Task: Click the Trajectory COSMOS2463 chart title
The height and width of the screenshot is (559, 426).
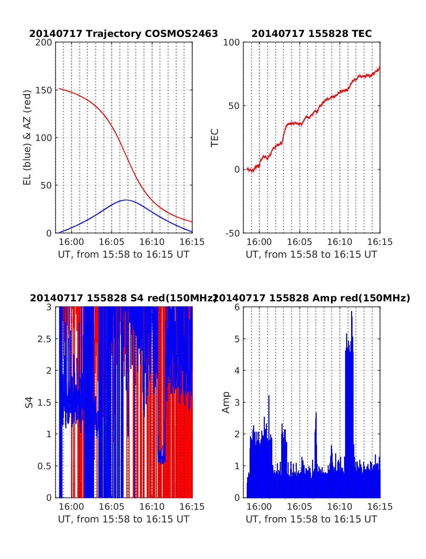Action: tap(124, 34)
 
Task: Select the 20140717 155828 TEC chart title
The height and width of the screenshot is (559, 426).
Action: tap(311, 34)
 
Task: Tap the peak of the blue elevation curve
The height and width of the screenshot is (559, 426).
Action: tap(126, 200)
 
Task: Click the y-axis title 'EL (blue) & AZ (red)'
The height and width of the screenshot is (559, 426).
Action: tap(27, 137)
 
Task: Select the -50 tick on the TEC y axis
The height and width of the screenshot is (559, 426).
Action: tap(233, 233)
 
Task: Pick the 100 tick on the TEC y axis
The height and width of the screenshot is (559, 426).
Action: tap(231, 42)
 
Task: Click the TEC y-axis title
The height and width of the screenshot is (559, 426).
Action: tap(215, 138)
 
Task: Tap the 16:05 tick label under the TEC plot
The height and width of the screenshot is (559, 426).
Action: tap(299, 242)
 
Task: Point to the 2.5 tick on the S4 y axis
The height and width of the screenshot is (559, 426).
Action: tap(44, 339)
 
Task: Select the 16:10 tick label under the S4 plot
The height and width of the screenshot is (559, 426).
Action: tap(152, 507)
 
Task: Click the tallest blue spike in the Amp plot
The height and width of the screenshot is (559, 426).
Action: tap(351, 312)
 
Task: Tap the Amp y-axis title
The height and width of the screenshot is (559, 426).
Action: tap(226, 402)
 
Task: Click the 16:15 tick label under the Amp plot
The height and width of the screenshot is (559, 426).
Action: tap(380, 507)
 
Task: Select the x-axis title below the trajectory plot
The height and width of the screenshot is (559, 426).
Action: tap(124, 254)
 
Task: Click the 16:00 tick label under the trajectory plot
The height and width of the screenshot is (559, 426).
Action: tap(71, 242)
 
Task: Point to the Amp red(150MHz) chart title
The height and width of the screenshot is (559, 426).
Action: tap(311, 298)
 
